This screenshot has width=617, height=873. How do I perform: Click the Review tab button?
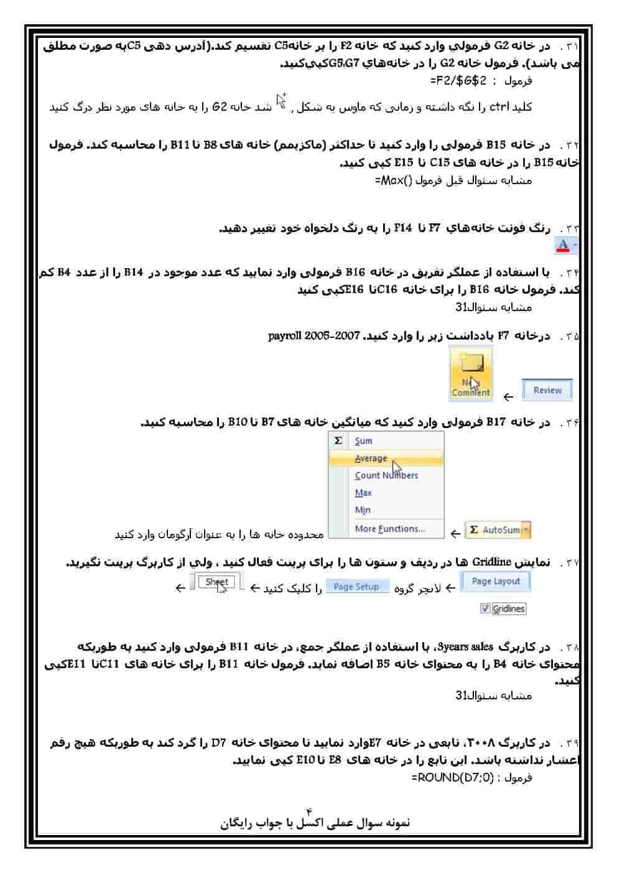(547, 390)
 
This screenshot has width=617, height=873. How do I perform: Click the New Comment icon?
(471, 373)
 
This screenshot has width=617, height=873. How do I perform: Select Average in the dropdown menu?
(371, 459)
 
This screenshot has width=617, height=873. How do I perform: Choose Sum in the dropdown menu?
(363, 441)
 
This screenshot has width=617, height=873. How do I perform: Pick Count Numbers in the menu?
(386, 475)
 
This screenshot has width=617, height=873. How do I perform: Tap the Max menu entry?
(363, 493)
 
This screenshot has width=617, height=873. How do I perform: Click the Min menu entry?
(363, 510)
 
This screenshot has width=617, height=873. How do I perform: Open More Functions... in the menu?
(389, 529)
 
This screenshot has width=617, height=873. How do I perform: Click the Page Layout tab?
(495, 581)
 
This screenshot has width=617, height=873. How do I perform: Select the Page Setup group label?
(356, 587)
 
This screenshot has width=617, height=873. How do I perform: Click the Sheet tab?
(216, 582)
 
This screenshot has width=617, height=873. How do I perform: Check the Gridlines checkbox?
(486, 609)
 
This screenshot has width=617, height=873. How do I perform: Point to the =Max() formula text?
(394, 181)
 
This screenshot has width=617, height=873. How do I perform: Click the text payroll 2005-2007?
(314, 336)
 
